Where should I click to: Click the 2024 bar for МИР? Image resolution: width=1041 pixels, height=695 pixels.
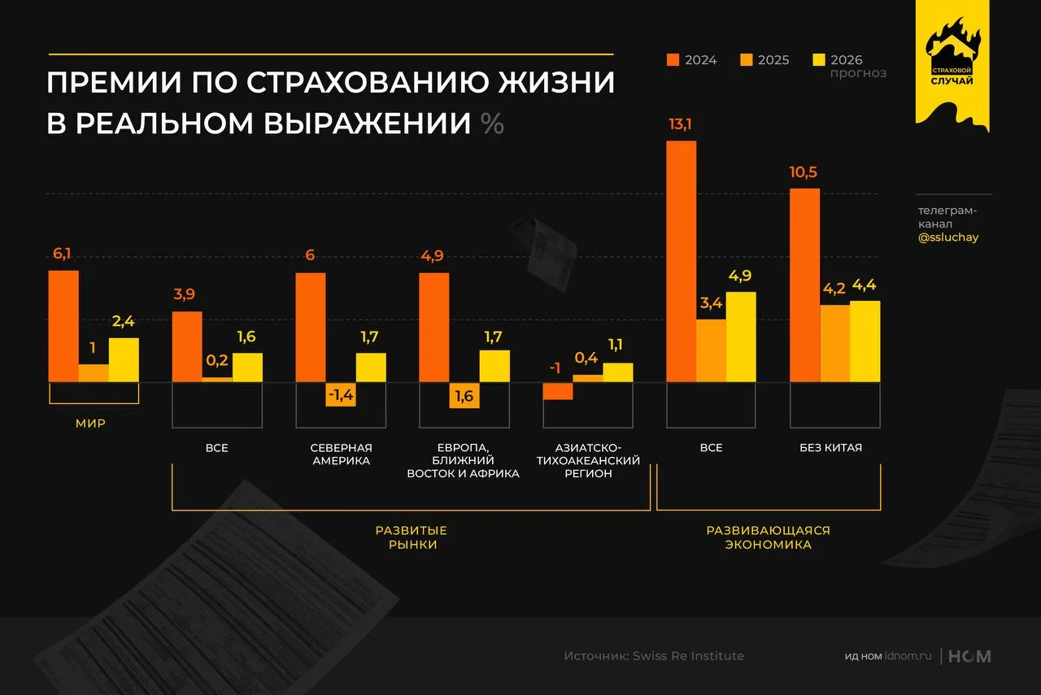63,326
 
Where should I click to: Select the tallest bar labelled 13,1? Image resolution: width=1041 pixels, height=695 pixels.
681,261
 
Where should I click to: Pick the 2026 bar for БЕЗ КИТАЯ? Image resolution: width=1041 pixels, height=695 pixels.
865,341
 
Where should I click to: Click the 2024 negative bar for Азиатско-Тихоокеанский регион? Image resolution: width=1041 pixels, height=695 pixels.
558,391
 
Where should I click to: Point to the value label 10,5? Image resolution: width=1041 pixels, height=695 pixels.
804,172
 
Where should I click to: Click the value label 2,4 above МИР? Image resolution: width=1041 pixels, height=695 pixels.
124,322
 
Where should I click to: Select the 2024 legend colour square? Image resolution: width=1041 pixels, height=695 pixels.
673,59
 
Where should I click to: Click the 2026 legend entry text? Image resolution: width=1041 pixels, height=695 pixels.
847,59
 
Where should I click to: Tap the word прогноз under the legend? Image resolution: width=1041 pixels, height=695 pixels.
858,73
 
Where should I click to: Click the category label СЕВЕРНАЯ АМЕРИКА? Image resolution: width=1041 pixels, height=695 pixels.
341,454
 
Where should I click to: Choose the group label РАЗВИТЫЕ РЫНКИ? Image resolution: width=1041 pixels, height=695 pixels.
411,537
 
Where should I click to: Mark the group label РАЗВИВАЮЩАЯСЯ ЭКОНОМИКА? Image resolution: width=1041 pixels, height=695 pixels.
768,537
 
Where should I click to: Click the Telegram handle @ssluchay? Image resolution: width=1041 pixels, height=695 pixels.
947,237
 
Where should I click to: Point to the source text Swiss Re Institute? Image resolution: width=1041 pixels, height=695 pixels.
688,656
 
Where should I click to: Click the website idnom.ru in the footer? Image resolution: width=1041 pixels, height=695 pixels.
908,656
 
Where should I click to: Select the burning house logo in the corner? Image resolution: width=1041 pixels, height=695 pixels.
952,53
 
